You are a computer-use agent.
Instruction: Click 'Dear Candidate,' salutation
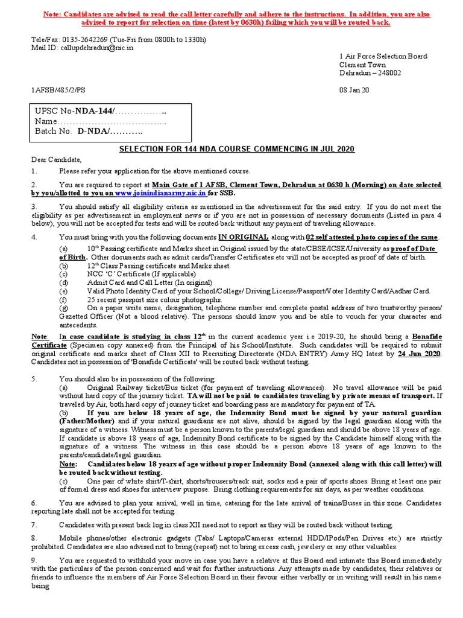(x=56, y=159)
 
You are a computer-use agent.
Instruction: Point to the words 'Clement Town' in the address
(x=362, y=65)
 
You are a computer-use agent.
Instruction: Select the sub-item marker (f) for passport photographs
(x=63, y=299)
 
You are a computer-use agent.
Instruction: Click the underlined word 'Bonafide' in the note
(x=426, y=336)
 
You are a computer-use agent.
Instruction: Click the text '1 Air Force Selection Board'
(x=383, y=56)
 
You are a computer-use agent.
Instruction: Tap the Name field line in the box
(x=102, y=122)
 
